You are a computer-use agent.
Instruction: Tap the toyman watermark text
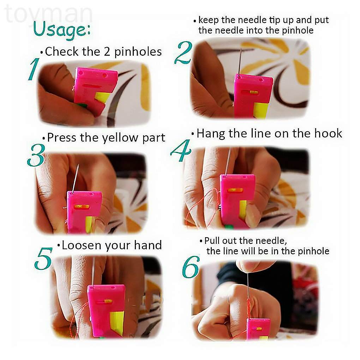tap(48, 14)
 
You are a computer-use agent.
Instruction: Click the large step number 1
tap(34, 69)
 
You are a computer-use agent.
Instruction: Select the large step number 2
tap(183, 53)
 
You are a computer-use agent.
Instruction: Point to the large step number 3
tap(36, 155)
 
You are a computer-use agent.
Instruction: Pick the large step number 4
tap(181, 150)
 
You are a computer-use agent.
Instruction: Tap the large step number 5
tap(43, 258)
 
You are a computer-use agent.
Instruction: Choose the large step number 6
tap(191, 267)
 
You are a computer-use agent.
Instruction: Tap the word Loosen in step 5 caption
tap(82, 245)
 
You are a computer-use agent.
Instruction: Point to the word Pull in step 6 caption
tap(212, 241)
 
